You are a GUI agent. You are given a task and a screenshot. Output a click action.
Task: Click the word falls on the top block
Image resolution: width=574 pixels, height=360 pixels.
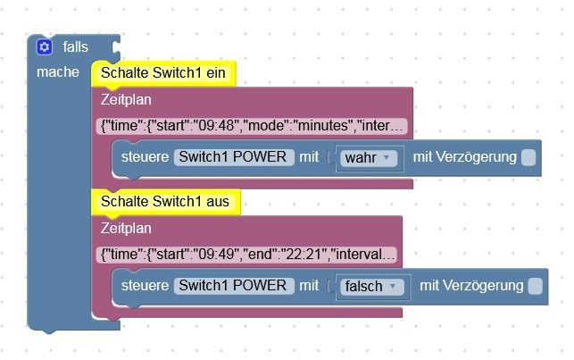(x=76, y=47)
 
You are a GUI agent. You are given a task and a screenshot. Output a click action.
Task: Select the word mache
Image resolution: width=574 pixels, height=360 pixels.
(x=57, y=71)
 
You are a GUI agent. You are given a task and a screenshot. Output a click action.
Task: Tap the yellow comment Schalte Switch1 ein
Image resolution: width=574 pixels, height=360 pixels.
(x=162, y=73)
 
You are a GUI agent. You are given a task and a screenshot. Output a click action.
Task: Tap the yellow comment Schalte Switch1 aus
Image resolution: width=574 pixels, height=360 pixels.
(x=165, y=202)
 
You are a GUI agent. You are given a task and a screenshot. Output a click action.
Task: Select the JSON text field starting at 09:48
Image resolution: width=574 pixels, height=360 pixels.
(x=253, y=126)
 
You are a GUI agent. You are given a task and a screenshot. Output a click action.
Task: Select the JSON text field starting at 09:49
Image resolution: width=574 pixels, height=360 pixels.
(x=247, y=255)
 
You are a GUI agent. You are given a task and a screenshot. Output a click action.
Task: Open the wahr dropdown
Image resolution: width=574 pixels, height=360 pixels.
(x=368, y=158)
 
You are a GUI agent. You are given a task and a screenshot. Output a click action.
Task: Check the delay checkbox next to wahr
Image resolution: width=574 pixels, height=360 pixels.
(x=528, y=157)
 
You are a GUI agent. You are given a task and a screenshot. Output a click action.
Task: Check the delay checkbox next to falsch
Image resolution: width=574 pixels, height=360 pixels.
(x=535, y=286)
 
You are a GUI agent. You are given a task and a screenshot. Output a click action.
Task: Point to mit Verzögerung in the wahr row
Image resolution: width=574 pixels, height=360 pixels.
(x=464, y=157)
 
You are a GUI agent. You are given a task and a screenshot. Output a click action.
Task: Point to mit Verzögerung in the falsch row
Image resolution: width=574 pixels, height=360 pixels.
(x=470, y=286)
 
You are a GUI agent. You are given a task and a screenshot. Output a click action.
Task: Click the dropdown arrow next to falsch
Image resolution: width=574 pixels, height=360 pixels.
(x=394, y=287)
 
